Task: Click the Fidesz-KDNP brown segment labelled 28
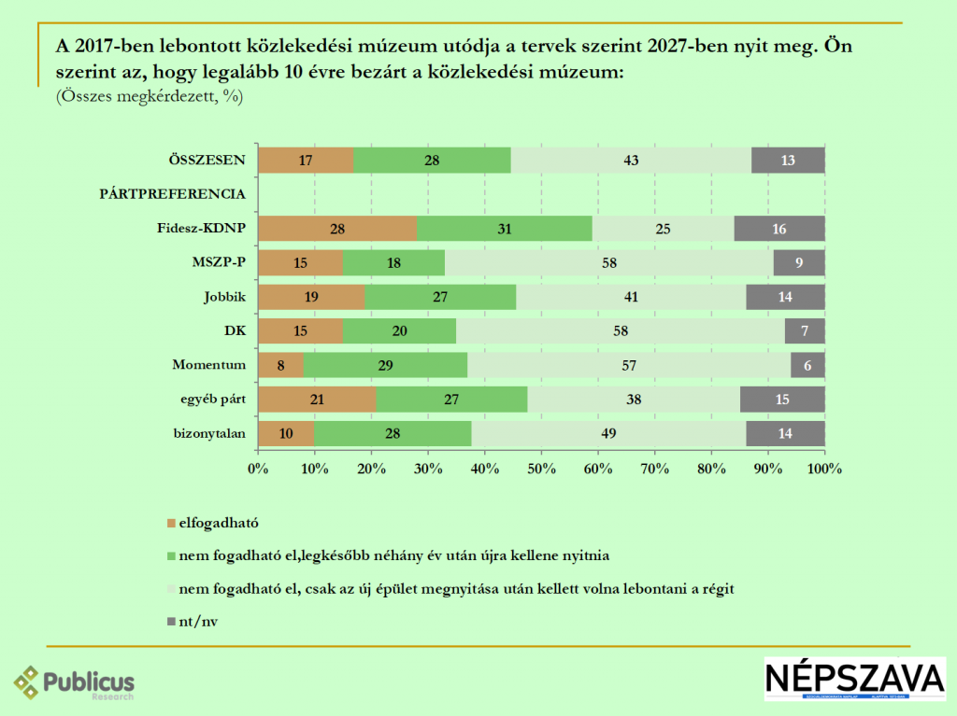click(337, 229)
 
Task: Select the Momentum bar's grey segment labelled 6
click(807, 365)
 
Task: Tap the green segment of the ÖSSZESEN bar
click(432, 161)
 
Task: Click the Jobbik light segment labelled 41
click(631, 297)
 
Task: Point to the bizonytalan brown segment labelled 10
click(286, 434)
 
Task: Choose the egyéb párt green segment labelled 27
click(451, 400)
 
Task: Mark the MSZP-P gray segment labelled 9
click(799, 263)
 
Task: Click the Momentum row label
click(208, 365)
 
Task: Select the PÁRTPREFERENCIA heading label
click(172, 194)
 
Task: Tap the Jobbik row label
click(224, 297)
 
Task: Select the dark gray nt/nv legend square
click(170, 620)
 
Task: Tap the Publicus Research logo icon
click(27, 682)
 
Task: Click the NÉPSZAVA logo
click(854, 679)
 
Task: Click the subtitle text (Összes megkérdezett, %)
click(150, 96)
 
